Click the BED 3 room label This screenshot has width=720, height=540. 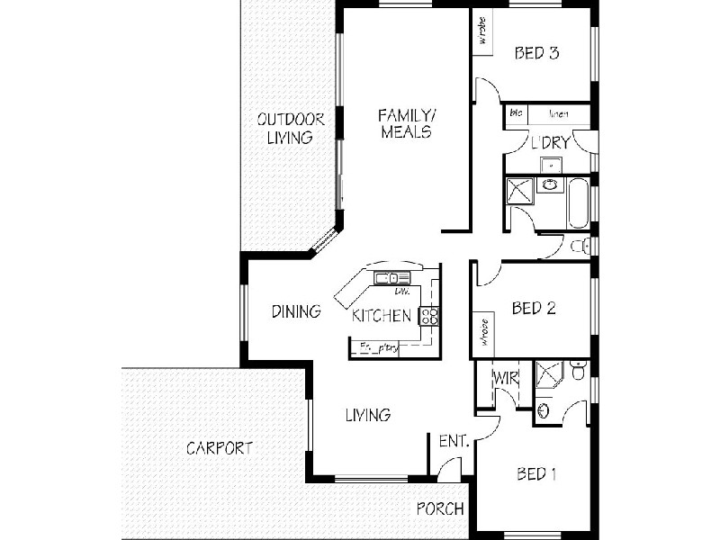tap(537, 53)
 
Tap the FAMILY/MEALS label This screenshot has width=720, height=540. tap(406, 123)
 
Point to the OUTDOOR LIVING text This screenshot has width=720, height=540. tap(284, 128)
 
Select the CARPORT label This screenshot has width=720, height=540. tap(220, 447)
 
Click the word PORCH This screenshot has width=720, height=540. tap(440, 508)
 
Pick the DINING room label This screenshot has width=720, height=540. tap(296, 312)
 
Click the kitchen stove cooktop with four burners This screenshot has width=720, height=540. tap(429, 315)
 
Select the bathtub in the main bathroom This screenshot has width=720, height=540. tap(578, 203)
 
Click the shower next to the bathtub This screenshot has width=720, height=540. tap(520, 191)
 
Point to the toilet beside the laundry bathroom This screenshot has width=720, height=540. tap(580, 246)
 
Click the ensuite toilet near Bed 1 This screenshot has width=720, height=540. tap(579, 368)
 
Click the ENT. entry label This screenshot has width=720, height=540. tap(452, 441)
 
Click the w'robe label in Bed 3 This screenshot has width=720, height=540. tap(482, 31)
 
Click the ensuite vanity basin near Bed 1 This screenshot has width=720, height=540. tap(543, 410)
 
